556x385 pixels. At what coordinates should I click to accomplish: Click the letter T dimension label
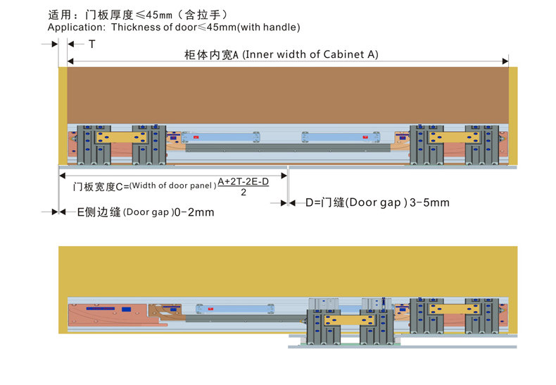pos(91,44)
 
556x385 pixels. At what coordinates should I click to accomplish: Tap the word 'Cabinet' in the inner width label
pos(343,54)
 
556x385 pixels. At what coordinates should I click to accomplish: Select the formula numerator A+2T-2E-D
pos(244,181)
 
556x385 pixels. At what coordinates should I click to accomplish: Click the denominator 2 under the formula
pos(244,192)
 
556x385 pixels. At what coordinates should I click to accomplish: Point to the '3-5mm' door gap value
pos(429,202)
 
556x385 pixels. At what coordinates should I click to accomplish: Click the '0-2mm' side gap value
pos(194,212)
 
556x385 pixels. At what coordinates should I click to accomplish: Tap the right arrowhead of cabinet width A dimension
pos(505,61)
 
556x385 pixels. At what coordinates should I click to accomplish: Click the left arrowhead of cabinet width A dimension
pos(70,61)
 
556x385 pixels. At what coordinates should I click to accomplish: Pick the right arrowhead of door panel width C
pos(284,176)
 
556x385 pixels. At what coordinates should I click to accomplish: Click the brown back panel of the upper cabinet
pos(288,95)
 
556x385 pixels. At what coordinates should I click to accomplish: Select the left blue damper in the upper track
pos(220,137)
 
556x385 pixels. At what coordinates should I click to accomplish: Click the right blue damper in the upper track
pos(341,137)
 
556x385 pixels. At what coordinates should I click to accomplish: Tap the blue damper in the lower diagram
pos(235,309)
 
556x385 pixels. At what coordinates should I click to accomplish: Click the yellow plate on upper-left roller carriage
pos(121,137)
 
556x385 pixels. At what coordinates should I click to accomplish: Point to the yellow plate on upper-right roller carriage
pos(454,137)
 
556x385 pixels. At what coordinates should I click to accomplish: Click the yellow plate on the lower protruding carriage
pos(350,320)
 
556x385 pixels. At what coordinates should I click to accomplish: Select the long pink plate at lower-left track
pos(113,314)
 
